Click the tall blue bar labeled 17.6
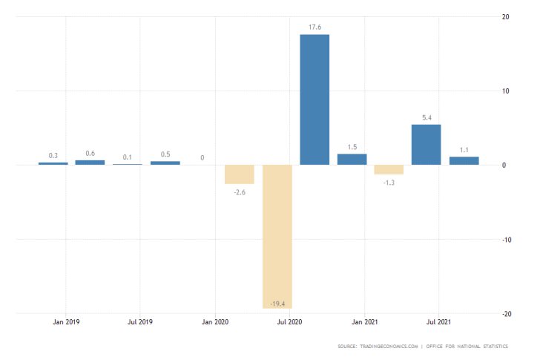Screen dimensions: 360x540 (315, 99)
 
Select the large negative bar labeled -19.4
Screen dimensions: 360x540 (277, 236)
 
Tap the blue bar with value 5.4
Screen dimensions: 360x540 (427, 145)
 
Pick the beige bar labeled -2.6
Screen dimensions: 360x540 (240, 174)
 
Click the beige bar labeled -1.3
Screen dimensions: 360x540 (389, 169)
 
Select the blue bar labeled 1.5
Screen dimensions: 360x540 (352, 159)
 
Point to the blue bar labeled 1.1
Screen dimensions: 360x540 (464, 160)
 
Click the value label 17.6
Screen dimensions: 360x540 (315, 27)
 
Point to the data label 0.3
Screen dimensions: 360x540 (53, 156)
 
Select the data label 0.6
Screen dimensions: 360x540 (90, 154)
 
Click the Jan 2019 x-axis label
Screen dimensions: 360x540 (66, 322)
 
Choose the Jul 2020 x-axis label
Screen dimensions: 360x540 (289, 322)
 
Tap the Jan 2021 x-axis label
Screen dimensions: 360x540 (364, 322)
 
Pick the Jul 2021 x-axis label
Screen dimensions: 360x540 (439, 322)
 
